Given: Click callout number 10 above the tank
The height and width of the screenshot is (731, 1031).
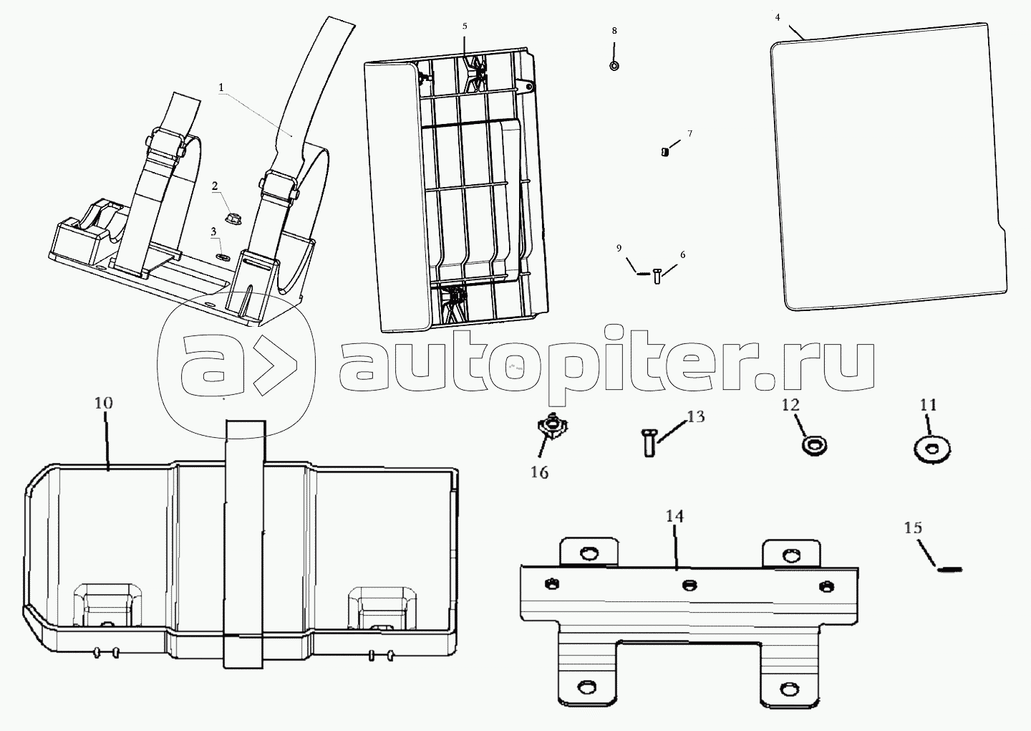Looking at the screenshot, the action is pos(104,403).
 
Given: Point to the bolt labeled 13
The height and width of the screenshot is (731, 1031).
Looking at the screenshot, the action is pos(648,442).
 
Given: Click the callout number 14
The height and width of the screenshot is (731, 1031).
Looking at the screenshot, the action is pos(674,516).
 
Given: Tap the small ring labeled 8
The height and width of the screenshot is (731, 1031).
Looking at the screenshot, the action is pos(614,66).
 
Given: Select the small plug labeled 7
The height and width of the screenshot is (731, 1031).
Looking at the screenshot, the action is pos(664,151).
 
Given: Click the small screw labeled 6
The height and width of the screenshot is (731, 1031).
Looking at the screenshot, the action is pos(657,277).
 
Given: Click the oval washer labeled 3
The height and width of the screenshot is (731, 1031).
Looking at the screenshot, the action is pos(223,256).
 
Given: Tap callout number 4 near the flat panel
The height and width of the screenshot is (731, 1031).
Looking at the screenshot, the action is pos(778,17).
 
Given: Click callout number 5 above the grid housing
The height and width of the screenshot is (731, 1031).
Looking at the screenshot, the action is pos(465,27).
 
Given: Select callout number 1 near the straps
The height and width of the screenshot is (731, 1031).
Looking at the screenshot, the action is pos(221,87).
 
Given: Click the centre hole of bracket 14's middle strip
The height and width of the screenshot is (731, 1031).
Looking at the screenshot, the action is pos(689,585).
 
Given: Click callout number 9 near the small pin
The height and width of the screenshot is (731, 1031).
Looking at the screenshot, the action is pos(619,248).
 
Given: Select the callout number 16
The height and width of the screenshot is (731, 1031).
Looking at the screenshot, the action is pos(539,472).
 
